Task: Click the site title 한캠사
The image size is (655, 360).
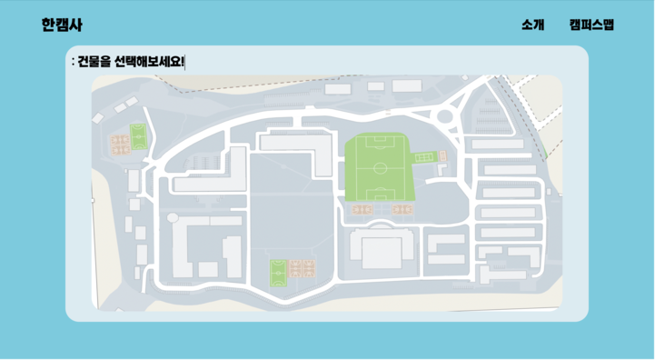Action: [x=62, y=25]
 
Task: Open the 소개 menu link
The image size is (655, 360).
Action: [x=532, y=25]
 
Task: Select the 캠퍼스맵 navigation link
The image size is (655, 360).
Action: [x=591, y=25]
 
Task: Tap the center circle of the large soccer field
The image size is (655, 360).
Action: [x=380, y=168]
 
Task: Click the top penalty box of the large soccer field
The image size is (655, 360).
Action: [x=380, y=142]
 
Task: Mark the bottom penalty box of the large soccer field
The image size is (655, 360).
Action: [x=380, y=195]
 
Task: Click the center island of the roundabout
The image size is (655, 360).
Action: [x=445, y=115]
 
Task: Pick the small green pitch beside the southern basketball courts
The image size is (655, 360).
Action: [x=278, y=273]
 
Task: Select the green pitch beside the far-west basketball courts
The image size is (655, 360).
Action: [x=138, y=136]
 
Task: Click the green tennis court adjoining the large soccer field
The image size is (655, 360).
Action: [x=425, y=157]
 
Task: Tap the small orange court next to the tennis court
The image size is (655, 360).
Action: [x=442, y=156]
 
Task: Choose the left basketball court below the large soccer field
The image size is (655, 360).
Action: [x=362, y=209]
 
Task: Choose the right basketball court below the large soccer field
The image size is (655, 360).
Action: [x=402, y=209]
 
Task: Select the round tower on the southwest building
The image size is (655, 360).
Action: [x=173, y=217]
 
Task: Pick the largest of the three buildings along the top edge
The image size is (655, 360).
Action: [x=407, y=85]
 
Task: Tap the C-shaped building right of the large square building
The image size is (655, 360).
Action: [x=446, y=249]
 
